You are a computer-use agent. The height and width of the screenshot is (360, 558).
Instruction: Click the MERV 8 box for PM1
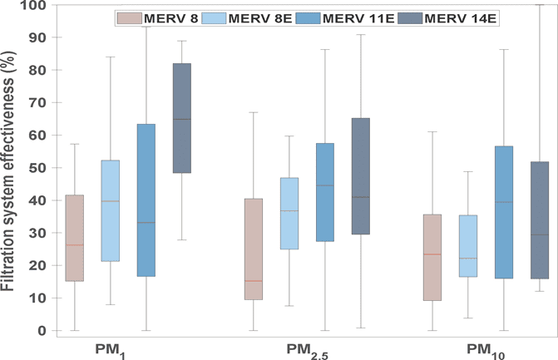pos(75,238)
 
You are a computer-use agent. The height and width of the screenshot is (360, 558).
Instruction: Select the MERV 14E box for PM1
pos(182,118)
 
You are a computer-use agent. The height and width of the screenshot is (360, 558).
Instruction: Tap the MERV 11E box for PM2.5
pos(325,192)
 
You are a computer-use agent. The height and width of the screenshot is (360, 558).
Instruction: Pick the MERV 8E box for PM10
pos(468,246)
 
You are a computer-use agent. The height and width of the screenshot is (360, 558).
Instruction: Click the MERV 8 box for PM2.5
pos(254,249)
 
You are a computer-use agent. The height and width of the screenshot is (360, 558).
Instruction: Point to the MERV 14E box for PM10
pos(540,220)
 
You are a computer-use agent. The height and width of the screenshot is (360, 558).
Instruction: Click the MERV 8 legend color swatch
pos(130,18)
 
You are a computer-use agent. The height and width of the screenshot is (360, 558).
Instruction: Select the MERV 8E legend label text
pos(260,18)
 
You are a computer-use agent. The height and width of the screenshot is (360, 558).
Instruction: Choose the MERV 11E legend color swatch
pos(309,18)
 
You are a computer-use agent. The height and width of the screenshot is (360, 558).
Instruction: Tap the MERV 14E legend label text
pos(460,18)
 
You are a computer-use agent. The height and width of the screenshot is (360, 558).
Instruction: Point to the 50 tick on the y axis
pos(54,168)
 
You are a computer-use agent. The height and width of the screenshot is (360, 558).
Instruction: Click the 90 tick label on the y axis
pos(37,37)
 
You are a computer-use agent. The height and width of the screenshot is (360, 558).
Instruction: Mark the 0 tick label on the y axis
pos(42,330)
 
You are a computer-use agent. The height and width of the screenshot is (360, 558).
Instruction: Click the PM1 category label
pos(111,350)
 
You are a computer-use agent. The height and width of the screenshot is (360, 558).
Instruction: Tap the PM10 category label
pos(486,351)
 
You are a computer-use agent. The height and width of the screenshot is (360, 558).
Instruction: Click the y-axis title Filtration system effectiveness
pos(7,170)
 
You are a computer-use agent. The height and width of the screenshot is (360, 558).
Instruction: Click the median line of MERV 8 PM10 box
pos(432,254)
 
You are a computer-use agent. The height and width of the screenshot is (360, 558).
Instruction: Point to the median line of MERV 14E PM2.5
pos(361,197)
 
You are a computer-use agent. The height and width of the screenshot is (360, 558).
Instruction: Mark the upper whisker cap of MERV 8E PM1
pos(111,57)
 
